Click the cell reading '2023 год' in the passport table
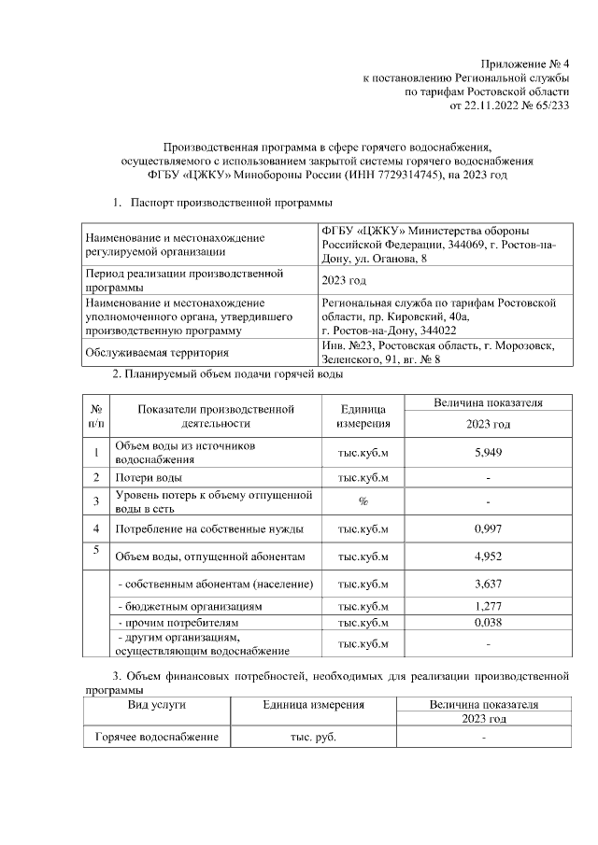click(x=344, y=280)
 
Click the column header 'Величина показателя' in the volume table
click(x=488, y=402)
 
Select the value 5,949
click(x=488, y=453)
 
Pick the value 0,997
click(x=488, y=529)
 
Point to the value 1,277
click(x=488, y=606)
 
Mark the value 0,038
click(x=488, y=621)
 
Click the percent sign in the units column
click(x=362, y=501)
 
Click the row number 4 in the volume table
click(x=96, y=529)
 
